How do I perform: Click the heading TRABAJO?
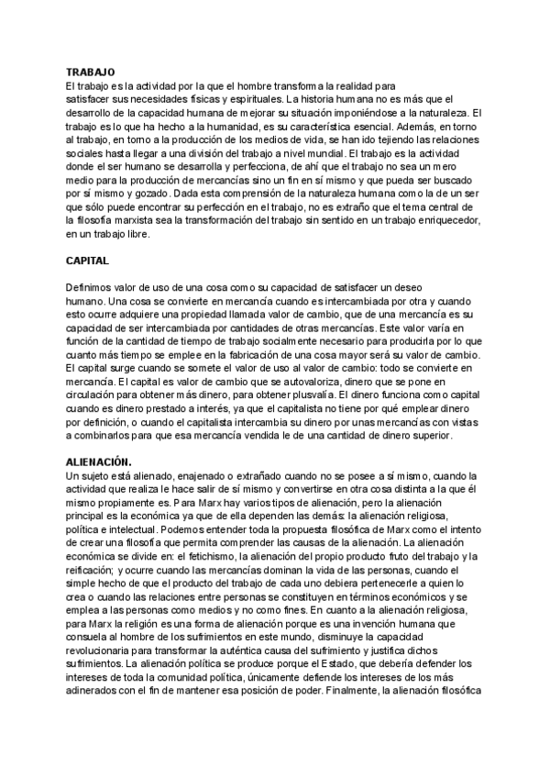coord(90,71)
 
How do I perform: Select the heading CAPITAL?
coord(88,261)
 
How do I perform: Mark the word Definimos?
coord(91,288)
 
